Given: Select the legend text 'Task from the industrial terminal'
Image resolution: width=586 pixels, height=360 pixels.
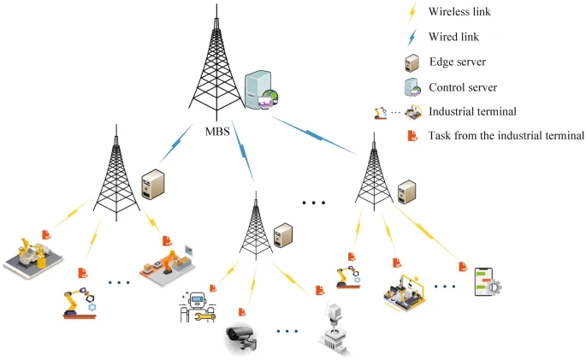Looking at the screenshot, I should (506, 135).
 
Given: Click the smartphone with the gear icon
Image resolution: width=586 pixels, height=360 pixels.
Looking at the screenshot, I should (486, 282).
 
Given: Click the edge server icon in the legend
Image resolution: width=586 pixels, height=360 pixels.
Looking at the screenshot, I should (411, 62).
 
